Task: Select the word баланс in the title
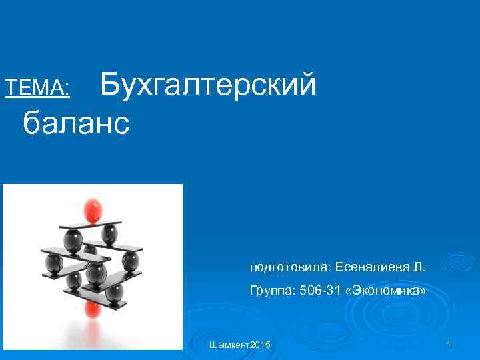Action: click(x=75, y=123)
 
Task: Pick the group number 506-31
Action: click(x=322, y=291)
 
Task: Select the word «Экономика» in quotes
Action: click(x=386, y=291)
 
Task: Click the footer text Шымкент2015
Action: click(x=239, y=345)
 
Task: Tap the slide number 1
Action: click(x=449, y=345)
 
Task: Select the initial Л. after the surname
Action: click(x=419, y=267)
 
